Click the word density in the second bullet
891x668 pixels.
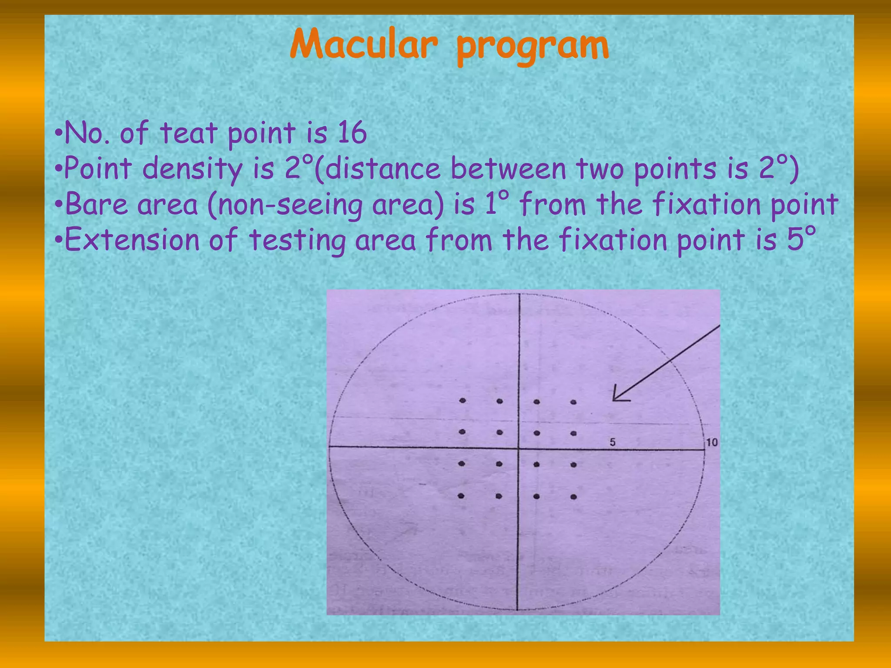pyautogui.click(x=192, y=170)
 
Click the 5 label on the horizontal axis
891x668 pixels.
pyautogui.click(x=613, y=442)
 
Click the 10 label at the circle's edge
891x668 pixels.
pyautogui.click(x=712, y=442)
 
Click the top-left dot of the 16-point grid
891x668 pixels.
pyautogui.click(x=462, y=401)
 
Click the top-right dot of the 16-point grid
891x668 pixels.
pyautogui.click(x=573, y=402)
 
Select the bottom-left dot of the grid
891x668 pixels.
pyautogui.click(x=461, y=495)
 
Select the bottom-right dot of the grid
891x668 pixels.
pyautogui.click(x=573, y=497)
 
